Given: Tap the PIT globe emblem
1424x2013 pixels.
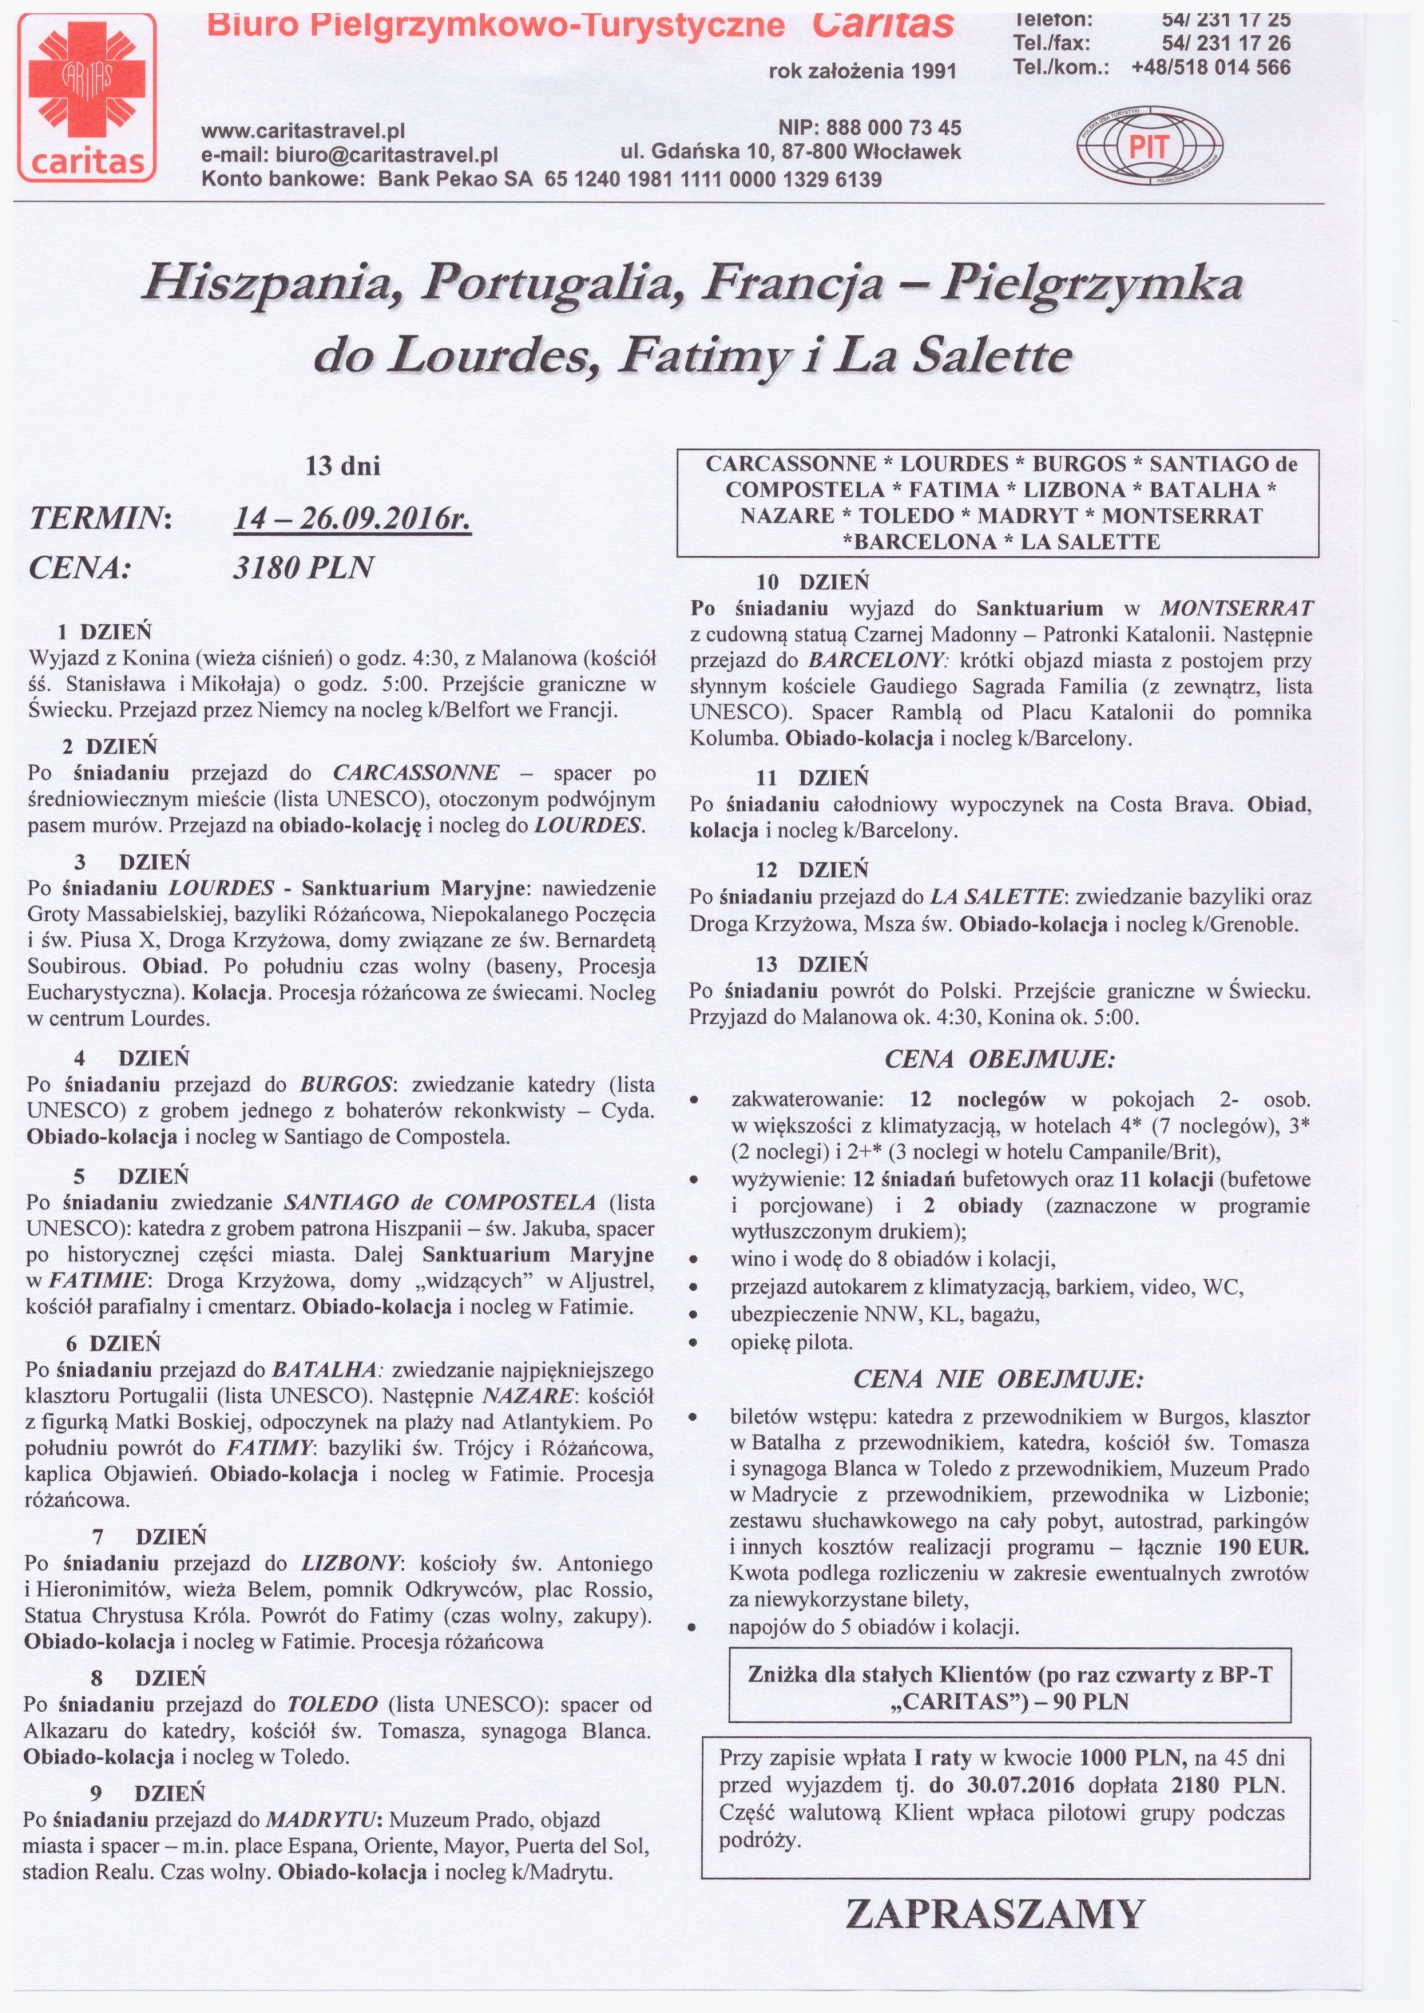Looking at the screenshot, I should coord(1149,146).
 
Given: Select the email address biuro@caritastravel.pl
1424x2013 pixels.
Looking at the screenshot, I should coord(387,155).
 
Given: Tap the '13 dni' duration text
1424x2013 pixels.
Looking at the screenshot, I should coord(343,466).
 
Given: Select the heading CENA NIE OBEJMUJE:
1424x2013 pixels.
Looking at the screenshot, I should coord(998,1380).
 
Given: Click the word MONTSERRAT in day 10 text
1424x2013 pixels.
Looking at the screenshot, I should coord(1236,609).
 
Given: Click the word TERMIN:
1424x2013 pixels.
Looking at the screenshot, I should coord(101,519).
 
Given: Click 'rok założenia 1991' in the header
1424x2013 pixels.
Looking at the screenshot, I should coord(862,71).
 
